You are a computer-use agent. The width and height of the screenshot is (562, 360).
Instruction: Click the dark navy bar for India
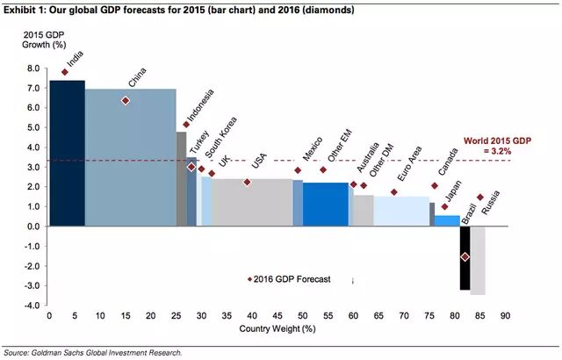pos(67,153)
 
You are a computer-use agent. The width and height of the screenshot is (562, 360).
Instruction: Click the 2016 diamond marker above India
pos(65,73)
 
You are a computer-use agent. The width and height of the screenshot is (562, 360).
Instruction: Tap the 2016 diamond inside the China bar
pos(126,101)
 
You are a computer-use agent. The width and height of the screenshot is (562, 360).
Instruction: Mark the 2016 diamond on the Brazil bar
pos(465,256)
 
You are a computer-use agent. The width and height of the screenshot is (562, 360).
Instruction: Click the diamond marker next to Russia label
pos(480,198)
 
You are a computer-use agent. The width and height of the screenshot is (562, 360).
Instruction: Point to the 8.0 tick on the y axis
pos(33,68)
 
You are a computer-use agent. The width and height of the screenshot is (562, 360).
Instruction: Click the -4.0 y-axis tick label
pos(32,306)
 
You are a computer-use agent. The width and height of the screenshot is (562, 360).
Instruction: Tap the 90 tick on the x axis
pos(505,316)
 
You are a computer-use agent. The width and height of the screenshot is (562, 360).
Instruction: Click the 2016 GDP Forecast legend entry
pos(290,280)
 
